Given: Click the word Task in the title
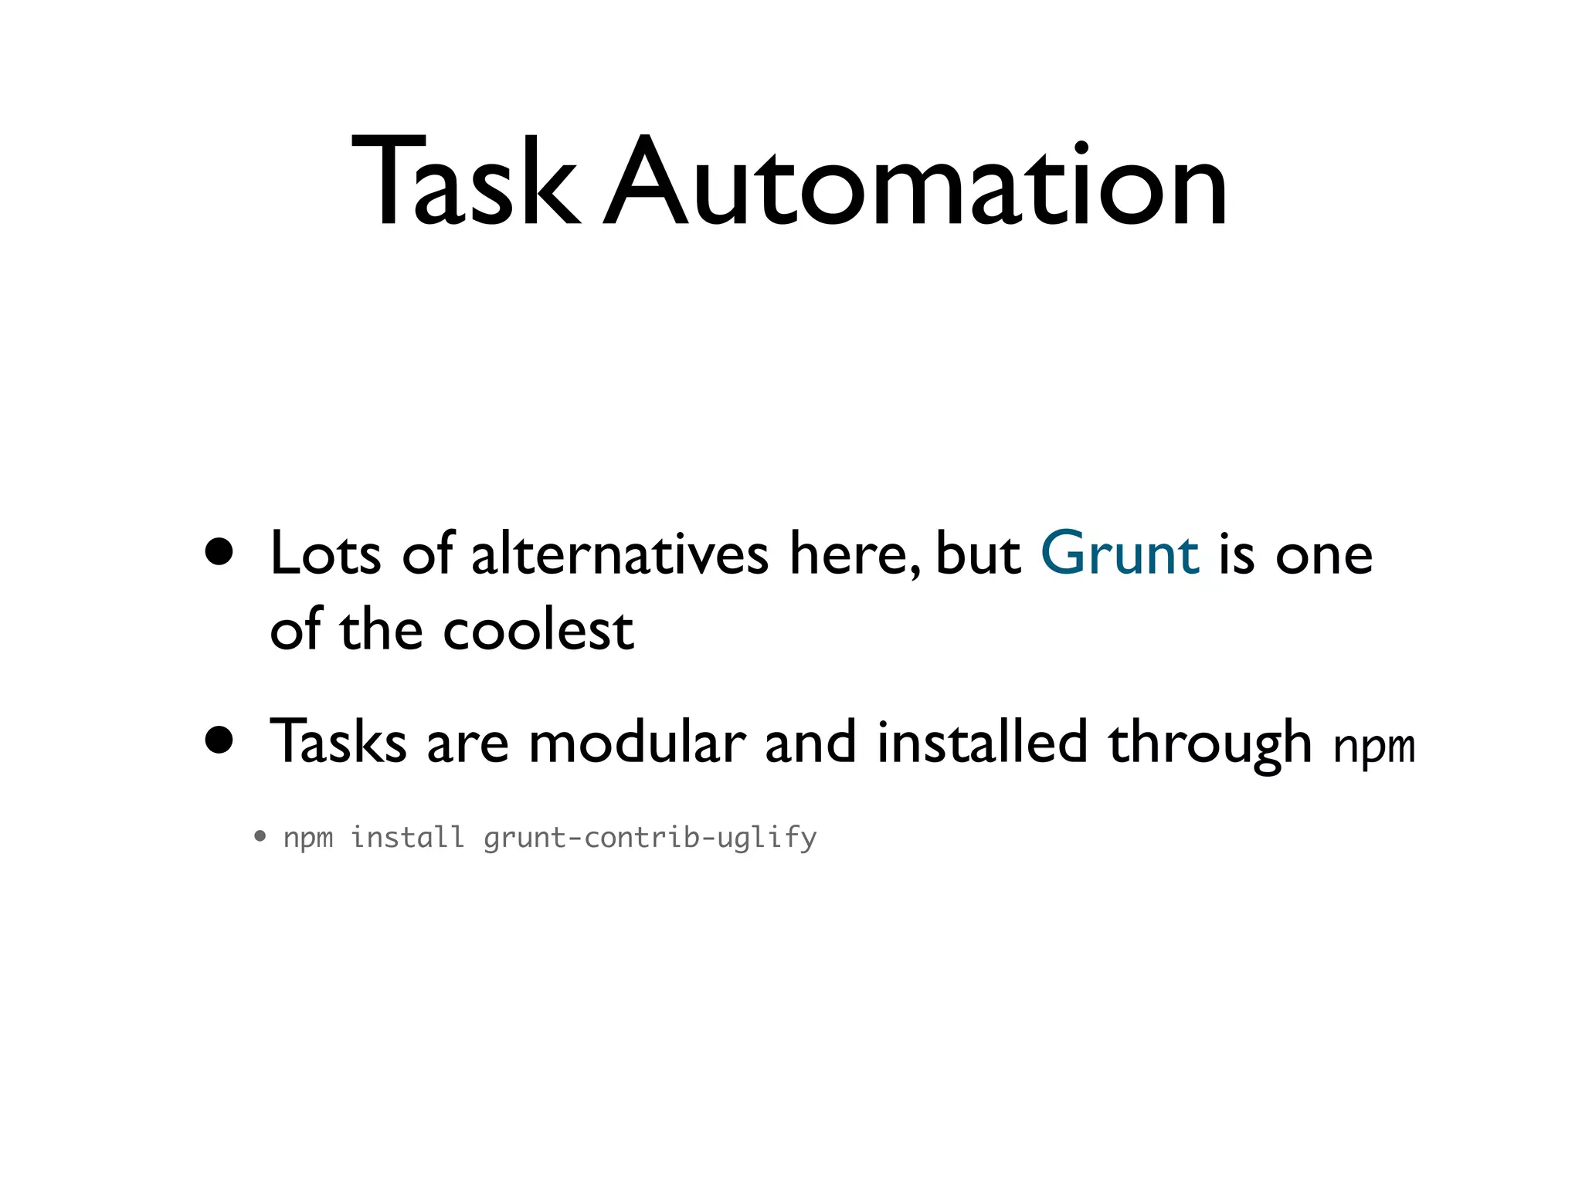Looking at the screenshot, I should (x=463, y=183).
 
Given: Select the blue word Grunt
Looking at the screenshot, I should (x=1119, y=554).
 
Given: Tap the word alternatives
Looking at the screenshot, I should (x=620, y=554).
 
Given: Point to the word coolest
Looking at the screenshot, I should (x=538, y=629).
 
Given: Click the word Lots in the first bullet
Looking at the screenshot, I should (x=325, y=554).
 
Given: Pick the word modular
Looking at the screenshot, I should (x=637, y=742).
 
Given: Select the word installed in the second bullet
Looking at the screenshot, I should (x=982, y=742).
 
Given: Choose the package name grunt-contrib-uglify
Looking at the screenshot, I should (x=650, y=838).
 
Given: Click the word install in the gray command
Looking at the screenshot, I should (x=407, y=837).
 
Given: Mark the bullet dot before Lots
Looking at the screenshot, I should (x=219, y=552).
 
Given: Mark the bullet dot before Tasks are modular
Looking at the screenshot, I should (x=219, y=740).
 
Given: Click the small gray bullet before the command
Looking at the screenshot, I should (x=260, y=835).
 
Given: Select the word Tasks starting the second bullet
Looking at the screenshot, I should (x=338, y=742).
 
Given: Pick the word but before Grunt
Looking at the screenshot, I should (x=978, y=554).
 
